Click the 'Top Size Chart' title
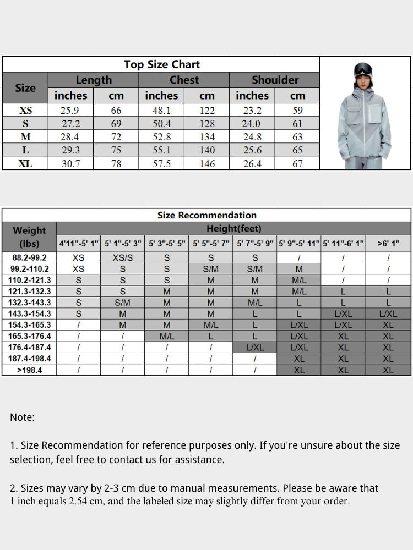(x=161, y=64)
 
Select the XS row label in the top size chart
(x=25, y=111)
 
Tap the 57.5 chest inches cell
(x=161, y=163)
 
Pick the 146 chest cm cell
(x=206, y=163)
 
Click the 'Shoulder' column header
(x=275, y=80)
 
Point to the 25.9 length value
(x=70, y=111)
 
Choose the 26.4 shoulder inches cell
(x=252, y=163)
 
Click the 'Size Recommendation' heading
(x=206, y=215)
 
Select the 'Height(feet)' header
(x=233, y=228)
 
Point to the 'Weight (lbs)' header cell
(x=29, y=237)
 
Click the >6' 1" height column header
(x=388, y=243)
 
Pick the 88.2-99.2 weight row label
(x=29, y=257)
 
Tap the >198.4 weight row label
(x=29, y=370)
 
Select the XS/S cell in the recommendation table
(x=122, y=257)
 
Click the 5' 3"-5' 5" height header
(x=167, y=243)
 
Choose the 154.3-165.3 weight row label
(x=29, y=325)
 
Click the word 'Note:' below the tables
(x=22, y=417)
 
